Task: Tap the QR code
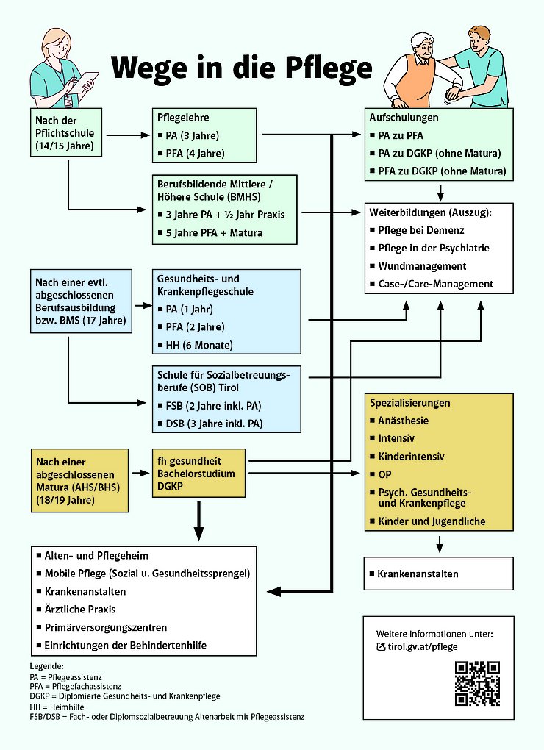point(477,683)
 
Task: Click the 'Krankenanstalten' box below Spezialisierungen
point(438,574)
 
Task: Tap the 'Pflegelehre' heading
point(183,118)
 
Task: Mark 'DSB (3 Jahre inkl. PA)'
point(212,423)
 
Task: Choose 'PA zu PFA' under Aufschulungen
point(401,135)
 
